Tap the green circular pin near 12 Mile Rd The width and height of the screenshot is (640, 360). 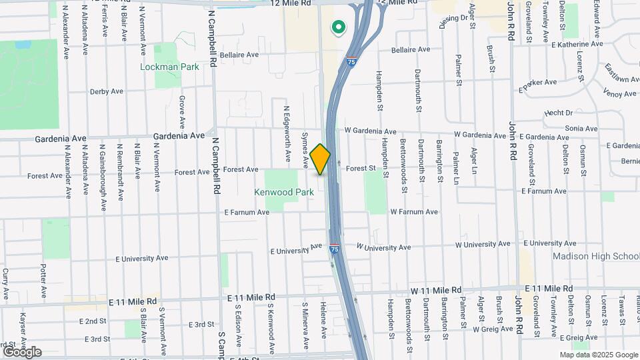click(x=339, y=27)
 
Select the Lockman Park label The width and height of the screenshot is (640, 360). click(x=170, y=67)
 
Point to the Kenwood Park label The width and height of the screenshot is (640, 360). click(x=284, y=192)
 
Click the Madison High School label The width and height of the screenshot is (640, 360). click(x=596, y=257)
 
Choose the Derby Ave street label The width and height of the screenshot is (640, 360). click(x=107, y=91)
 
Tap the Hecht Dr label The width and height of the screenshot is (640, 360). click(x=559, y=113)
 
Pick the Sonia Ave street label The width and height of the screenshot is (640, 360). click(x=581, y=128)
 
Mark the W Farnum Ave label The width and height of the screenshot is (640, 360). click(x=414, y=212)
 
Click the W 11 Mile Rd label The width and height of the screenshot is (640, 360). click(x=436, y=290)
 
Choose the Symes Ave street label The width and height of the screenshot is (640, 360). click(x=305, y=149)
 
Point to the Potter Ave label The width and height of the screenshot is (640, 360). click(x=43, y=281)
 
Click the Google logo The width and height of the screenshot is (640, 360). click(x=22, y=351)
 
